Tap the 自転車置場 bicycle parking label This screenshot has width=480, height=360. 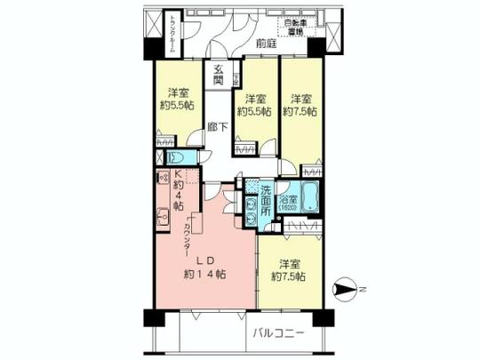293,28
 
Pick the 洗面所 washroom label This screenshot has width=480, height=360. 267,200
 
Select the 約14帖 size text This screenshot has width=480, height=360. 202,274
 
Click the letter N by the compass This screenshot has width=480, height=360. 360,288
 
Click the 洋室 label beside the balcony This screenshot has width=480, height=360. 288,264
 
